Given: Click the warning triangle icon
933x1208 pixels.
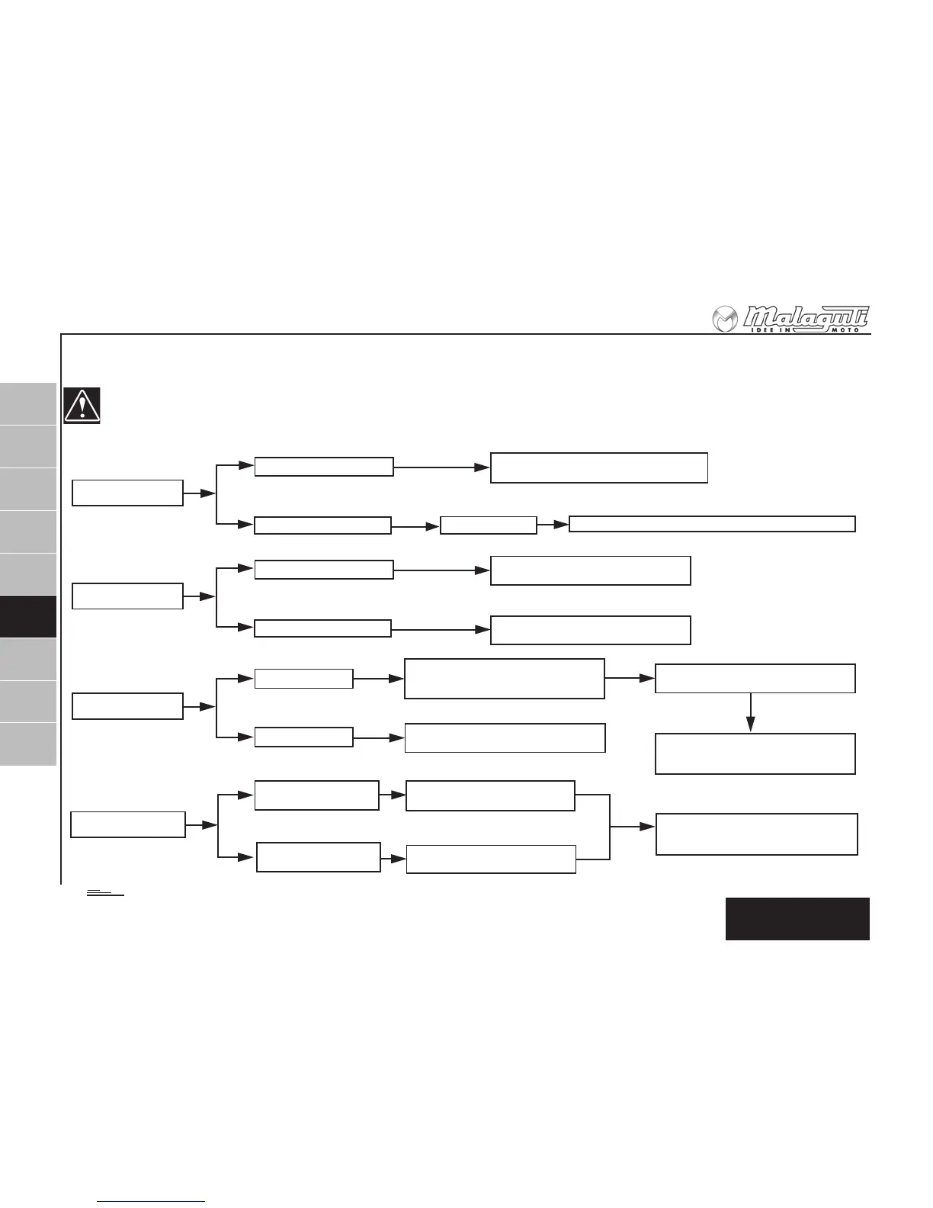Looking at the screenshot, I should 82,406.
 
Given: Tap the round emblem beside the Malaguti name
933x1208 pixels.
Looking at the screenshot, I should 725,320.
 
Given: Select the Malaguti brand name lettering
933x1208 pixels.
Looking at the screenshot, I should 806,316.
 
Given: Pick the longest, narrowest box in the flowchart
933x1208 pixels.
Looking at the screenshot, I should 712,524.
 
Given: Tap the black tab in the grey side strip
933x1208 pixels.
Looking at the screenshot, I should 28,616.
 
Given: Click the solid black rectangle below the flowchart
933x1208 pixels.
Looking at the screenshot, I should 797,918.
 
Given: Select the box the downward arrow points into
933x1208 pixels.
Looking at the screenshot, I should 755,753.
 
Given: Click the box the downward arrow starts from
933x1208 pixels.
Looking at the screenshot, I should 755,678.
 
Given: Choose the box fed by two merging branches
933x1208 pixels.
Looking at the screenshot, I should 757,834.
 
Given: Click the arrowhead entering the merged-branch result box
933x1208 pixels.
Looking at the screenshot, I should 649,827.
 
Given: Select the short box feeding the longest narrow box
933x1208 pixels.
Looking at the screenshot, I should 489,525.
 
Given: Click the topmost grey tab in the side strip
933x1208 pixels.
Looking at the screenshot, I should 28,403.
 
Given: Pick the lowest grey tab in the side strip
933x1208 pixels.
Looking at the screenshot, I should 28,744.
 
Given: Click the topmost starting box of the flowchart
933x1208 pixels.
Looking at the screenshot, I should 127,493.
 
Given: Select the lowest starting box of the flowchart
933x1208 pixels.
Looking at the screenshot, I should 128,824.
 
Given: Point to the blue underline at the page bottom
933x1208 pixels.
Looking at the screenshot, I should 152,1202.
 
